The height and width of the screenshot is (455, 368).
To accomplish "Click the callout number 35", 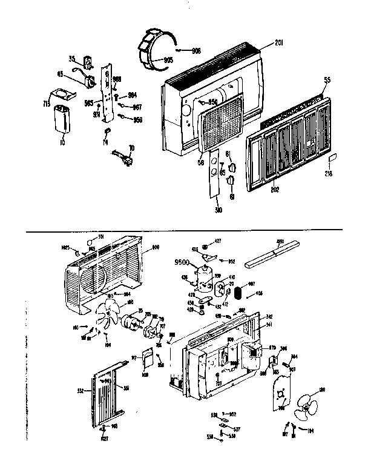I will tap(72, 59).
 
